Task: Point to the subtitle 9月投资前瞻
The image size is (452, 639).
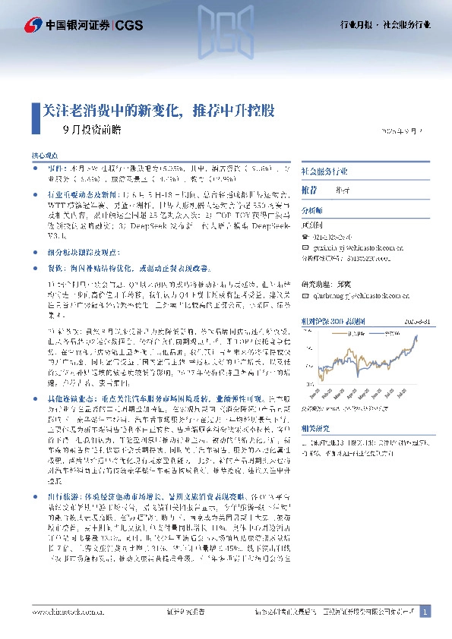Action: pyautogui.click(x=91, y=129)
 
